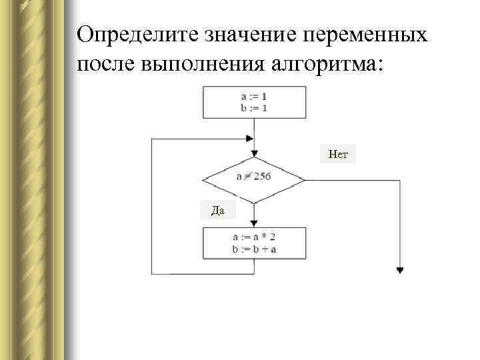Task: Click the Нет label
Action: (338, 155)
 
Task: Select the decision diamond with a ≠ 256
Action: (253, 178)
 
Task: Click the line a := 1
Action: (253, 97)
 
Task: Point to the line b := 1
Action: (253, 107)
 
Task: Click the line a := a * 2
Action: (254, 237)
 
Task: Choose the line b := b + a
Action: (254, 249)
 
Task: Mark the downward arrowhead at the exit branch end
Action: (400, 270)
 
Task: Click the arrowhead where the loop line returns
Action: (250, 139)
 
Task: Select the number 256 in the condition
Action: (261, 177)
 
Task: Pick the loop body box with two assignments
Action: (254, 243)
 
